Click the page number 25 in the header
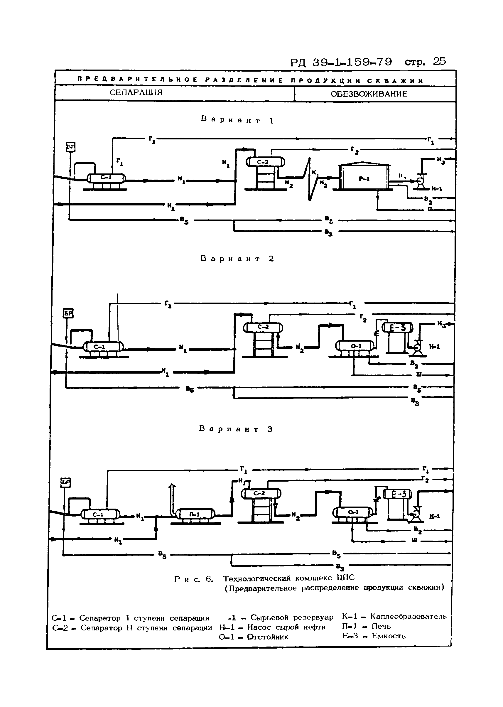tap(439, 61)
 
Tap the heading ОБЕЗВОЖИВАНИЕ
tap(369, 94)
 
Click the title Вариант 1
tap(237, 119)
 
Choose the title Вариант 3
tap(236, 429)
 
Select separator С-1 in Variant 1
tap(106, 178)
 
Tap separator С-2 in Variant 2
tap(263, 327)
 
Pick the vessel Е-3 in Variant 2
tap(398, 328)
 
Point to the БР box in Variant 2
tap(68, 314)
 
